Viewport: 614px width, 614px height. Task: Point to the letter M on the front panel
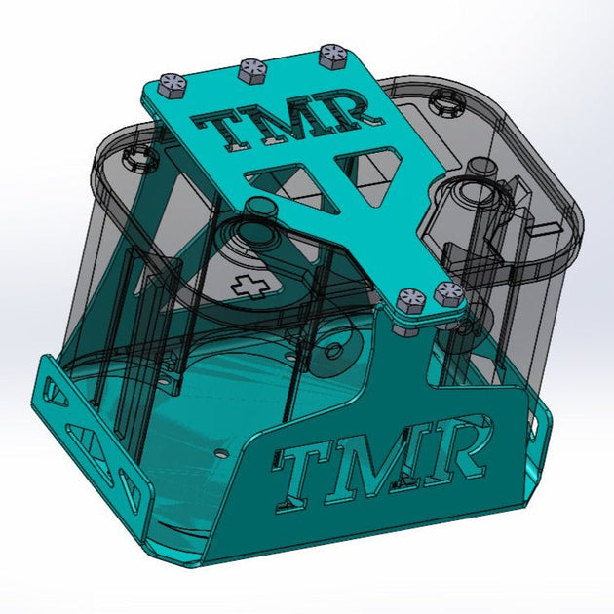[x=385, y=459]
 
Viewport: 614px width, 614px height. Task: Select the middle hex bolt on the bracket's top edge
[x=251, y=68]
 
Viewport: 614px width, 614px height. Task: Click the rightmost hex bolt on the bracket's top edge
[x=332, y=53]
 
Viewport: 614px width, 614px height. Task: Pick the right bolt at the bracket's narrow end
[x=447, y=289]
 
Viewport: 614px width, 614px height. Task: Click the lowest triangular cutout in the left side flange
[x=128, y=483]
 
